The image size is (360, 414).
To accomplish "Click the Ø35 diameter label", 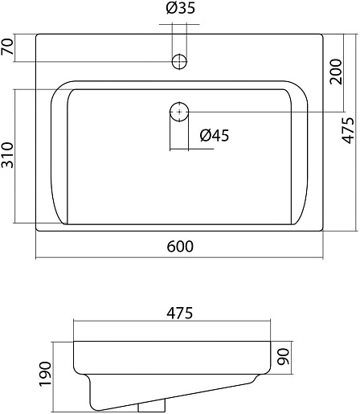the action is (x=180, y=8).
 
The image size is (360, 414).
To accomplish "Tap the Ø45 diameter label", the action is (x=215, y=135).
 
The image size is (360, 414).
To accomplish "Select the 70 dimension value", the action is (x=7, y=47).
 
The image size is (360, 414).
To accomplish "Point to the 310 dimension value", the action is (x=7, y=155).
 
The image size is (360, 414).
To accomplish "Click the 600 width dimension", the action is (x=180, y=246).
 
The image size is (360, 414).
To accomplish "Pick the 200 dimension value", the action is (x=336, y=72).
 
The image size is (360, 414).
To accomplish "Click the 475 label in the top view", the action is (x=348, y=130).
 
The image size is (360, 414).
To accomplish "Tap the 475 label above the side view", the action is (x=180, y=313).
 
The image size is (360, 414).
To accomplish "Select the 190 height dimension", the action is (x=45, y=374).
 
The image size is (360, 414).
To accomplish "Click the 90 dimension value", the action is (x=284, y=357).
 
